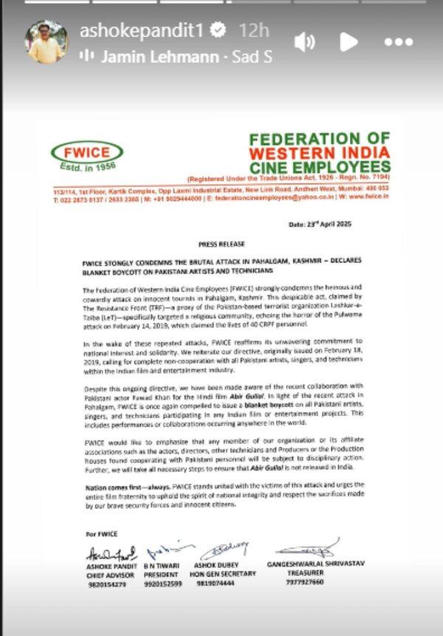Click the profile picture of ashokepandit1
click(x=46, y=41)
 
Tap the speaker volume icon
click(x=304, y=42)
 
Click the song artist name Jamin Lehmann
click(x=159, y=56)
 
